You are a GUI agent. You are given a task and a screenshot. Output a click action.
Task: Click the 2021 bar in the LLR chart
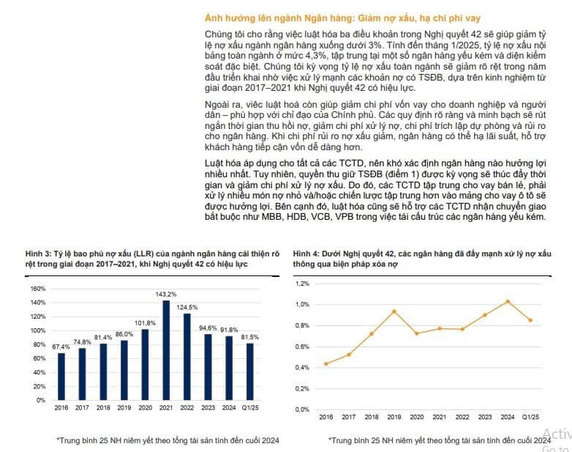(x=166, y=350)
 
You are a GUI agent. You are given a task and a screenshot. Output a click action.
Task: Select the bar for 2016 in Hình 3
(x=61, y=377)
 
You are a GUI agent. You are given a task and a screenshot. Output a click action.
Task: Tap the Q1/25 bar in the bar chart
(x=250, y=371)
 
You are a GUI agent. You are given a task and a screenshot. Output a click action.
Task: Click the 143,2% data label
(x=166, y=294)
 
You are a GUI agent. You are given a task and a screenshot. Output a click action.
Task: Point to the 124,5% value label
(x=187, y=307)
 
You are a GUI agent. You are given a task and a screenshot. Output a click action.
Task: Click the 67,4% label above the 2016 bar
(x=61, y=347)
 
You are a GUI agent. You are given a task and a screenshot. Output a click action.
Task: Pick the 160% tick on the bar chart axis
(x=38, y=289)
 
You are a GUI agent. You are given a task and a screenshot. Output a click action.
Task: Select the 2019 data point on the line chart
(x=394, y=311)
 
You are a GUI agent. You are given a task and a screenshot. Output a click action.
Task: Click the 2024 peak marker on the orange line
(x=508, y=302)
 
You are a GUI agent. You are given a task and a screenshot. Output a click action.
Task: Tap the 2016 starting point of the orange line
(x=325, y=364)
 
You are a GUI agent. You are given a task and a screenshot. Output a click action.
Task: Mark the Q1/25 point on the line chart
(x=530, y=320)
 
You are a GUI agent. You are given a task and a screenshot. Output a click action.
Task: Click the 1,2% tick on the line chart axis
(x=302, y=284)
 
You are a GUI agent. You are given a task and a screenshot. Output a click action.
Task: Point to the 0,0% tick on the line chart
(x=302, y=410)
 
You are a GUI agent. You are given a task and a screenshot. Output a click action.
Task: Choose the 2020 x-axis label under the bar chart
(x=145, y=408)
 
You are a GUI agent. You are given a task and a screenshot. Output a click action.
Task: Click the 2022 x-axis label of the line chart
(x=462, y=417)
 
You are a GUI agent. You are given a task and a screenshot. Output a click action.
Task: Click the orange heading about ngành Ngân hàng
(x=342, y=18)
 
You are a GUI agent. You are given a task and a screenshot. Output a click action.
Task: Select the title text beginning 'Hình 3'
(x=152, y=259)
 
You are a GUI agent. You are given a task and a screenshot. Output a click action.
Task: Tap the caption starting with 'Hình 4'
(x=422, y=259)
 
